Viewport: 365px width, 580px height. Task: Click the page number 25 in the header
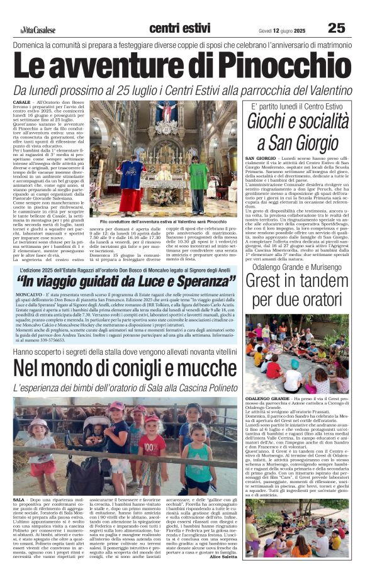pos(336,28)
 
